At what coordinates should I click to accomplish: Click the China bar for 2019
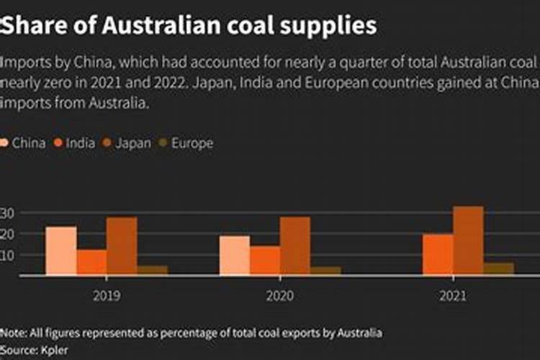coord(61,251)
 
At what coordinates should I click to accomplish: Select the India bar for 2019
coord(91,262)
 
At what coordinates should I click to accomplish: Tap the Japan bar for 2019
coord(122,246)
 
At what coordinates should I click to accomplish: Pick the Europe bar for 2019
coord(152,271)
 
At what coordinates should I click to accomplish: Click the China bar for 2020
coord(235,256)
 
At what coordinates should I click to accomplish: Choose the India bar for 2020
coord(265,261)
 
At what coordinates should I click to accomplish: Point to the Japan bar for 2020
coord(295,246)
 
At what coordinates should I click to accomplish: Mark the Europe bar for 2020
coord(325,271)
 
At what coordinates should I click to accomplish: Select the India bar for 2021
coord(438,254)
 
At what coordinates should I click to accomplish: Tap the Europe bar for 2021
coord(498,269)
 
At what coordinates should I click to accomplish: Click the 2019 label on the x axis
coord(107,295)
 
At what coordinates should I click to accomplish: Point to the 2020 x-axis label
coord(280,295)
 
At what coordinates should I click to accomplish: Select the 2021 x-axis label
coord(453,295)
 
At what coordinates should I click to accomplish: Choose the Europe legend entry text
coord(192,143)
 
